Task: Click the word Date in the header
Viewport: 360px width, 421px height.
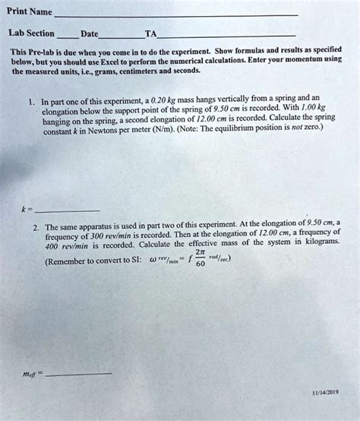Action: [89, 34]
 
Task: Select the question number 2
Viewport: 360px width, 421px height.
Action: [36, 227]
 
